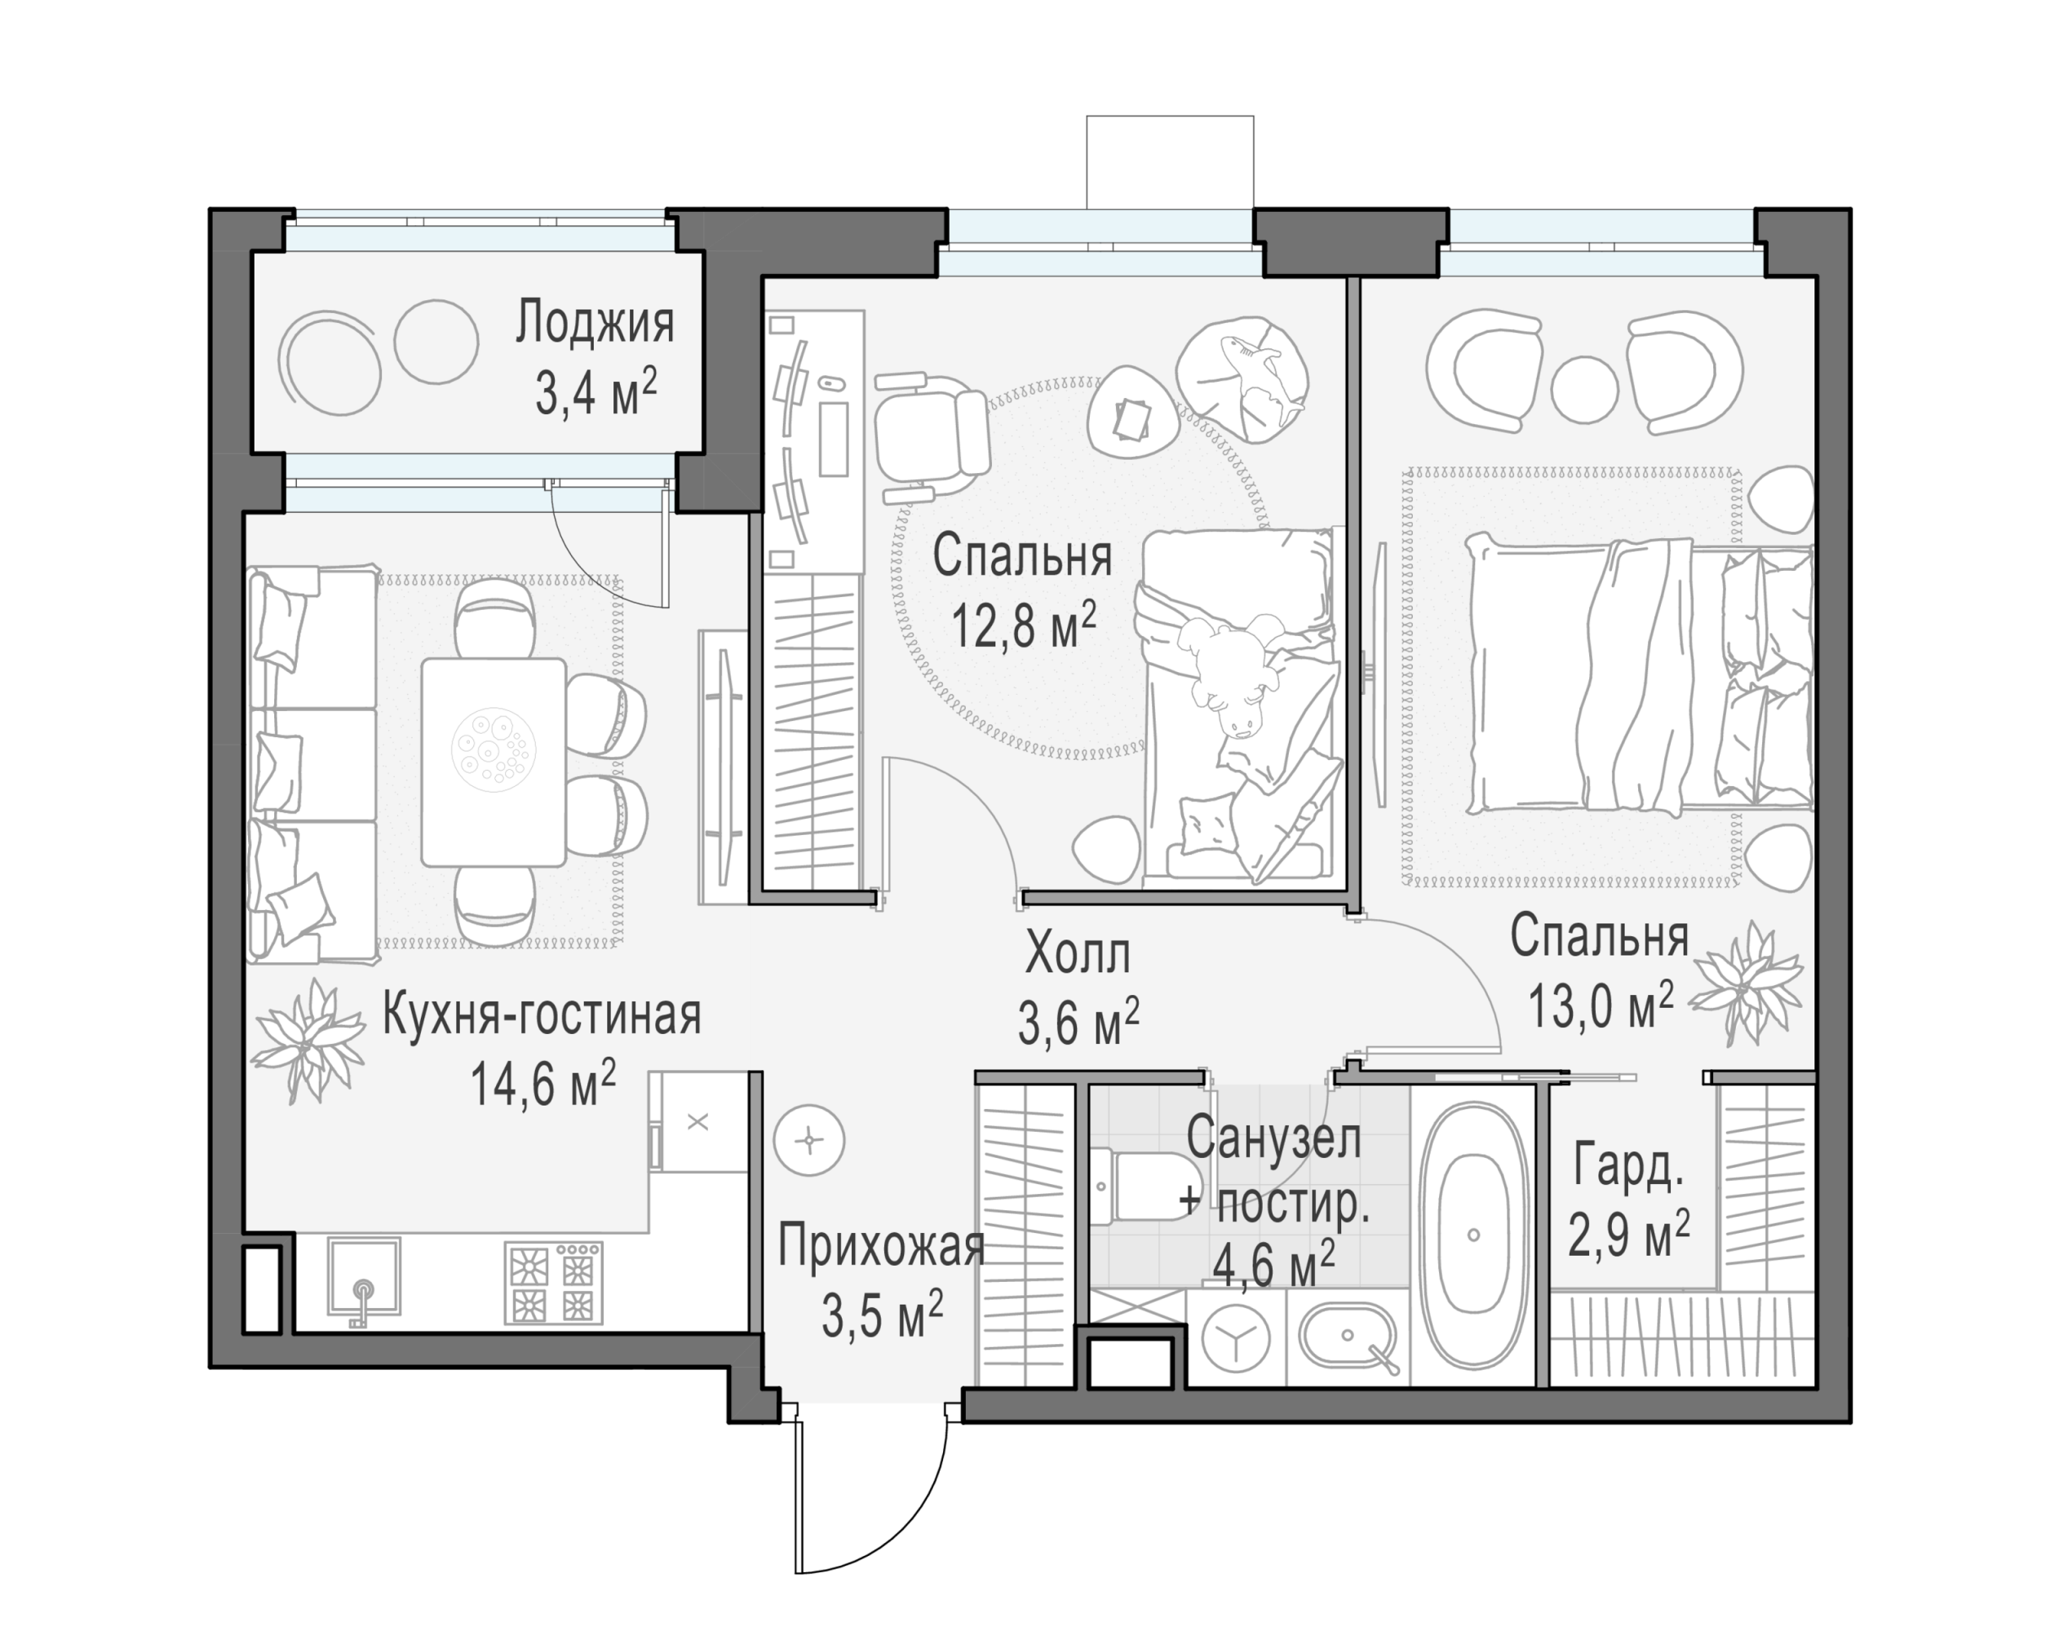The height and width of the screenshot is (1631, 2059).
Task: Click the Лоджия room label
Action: pyautogui.click(x=595, y=323)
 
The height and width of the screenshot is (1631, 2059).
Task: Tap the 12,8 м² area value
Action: pyautogui.click(x=1023, y=625)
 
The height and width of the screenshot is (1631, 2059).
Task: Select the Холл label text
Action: pyautogui.click(x=1078, y=953)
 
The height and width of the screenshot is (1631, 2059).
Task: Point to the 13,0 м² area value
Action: pyautogui.click(x=1601, y=1005)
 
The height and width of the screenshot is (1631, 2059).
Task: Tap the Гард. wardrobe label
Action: pyautogui.click(x=1627, y=1167)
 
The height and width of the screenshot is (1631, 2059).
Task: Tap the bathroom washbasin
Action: pyautogui.click(x=1348, y=1336)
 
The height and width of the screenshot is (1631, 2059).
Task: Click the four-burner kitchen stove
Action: pyautogui.click(x=554, y=1283)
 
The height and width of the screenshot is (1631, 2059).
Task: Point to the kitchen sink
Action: pyautogui.click(x=364, y=1278)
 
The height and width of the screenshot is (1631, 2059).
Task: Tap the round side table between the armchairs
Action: pyautogui.click(x=1584, y=389)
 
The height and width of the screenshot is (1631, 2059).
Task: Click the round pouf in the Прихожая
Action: pyautogui.click(x=810, y=1140)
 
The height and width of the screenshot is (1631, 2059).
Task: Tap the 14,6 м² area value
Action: pyautogui.click(x=542, y=1083)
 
